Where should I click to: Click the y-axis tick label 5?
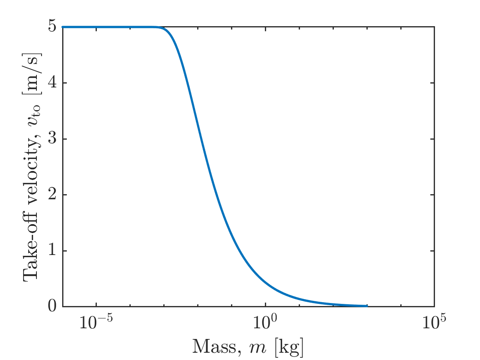(x=52, y=27)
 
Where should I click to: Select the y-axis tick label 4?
(x=52, y=83)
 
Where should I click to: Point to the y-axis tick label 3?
(x=52, y=139)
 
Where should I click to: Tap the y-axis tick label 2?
(x=52, y=195)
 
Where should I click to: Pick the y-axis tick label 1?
(x=52, y=251)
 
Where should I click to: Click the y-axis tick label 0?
(x=52, y=306)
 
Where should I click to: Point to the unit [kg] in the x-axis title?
(x=291, y=346)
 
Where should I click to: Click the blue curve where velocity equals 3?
(x=202, y=139)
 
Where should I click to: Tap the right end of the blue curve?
(x=367, y=306)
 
